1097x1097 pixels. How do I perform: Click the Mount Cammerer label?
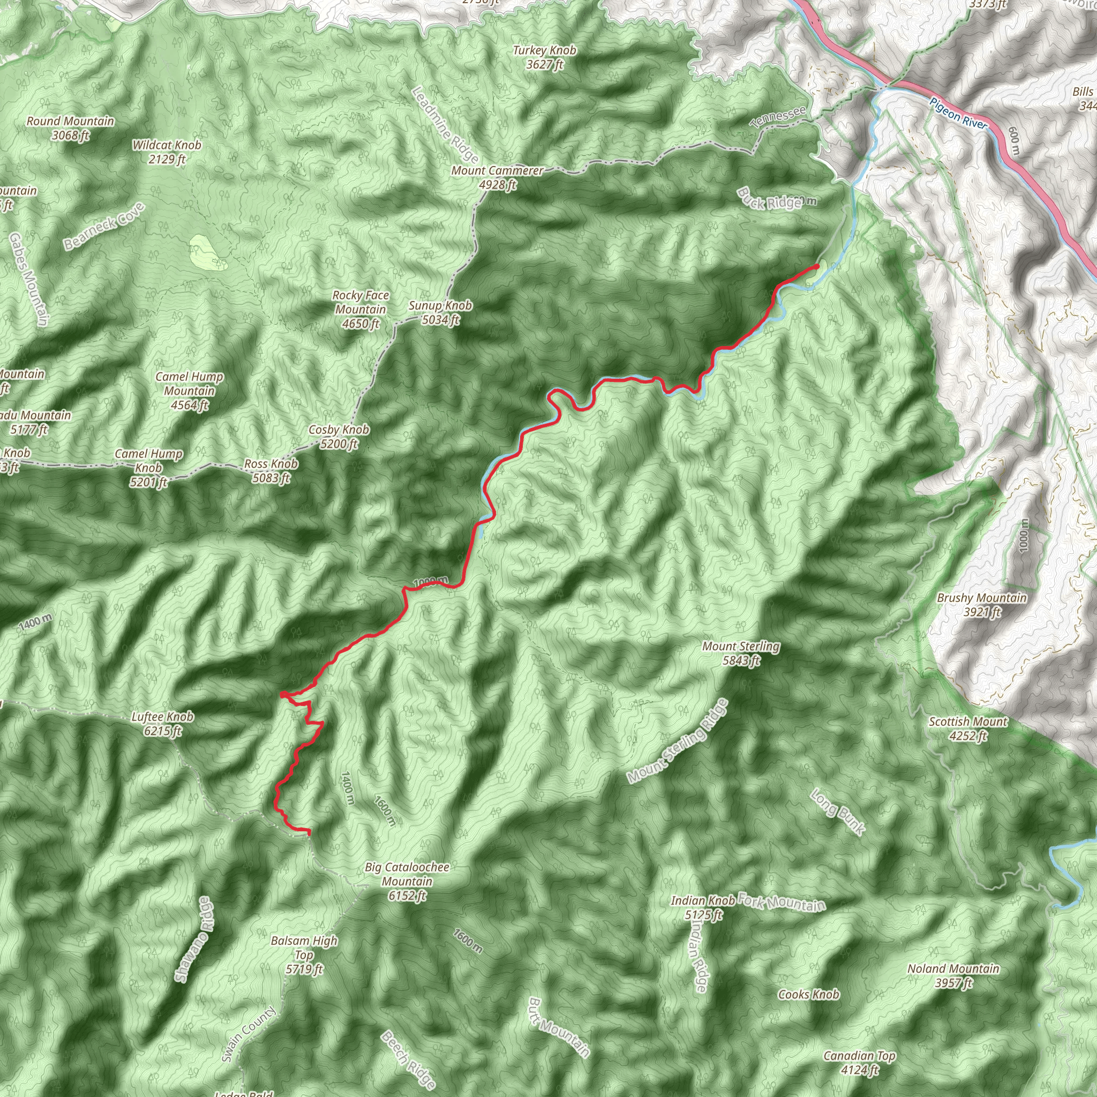(x=498, y=177)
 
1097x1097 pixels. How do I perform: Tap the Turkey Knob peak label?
(x=544, y=57)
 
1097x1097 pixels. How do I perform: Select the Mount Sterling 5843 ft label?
(x=740, y=653)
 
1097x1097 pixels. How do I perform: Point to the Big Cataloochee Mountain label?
(x=407, y=881)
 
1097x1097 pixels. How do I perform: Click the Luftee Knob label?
(x=162, y=723)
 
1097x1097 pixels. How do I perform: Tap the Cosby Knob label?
(x=339, y=437)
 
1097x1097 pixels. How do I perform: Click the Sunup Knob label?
(x=440, y=312)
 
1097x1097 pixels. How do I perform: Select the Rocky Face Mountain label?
(x=360, y=310)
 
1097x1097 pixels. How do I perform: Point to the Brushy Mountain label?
(x=982, y=605)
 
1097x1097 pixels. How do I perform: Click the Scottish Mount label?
(x=968, y=728)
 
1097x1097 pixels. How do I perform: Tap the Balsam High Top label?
(x=304, y=955)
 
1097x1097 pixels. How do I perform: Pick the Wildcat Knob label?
(x=167, y=152)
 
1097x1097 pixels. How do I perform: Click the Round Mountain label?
(x=70, y=128)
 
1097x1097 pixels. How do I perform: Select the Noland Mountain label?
(x=953, y=975)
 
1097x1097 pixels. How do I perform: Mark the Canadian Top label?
(x=859, y=1062)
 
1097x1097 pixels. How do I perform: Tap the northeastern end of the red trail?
(x=816, y=266)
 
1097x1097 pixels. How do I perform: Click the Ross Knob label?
(x=271, y=471)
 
